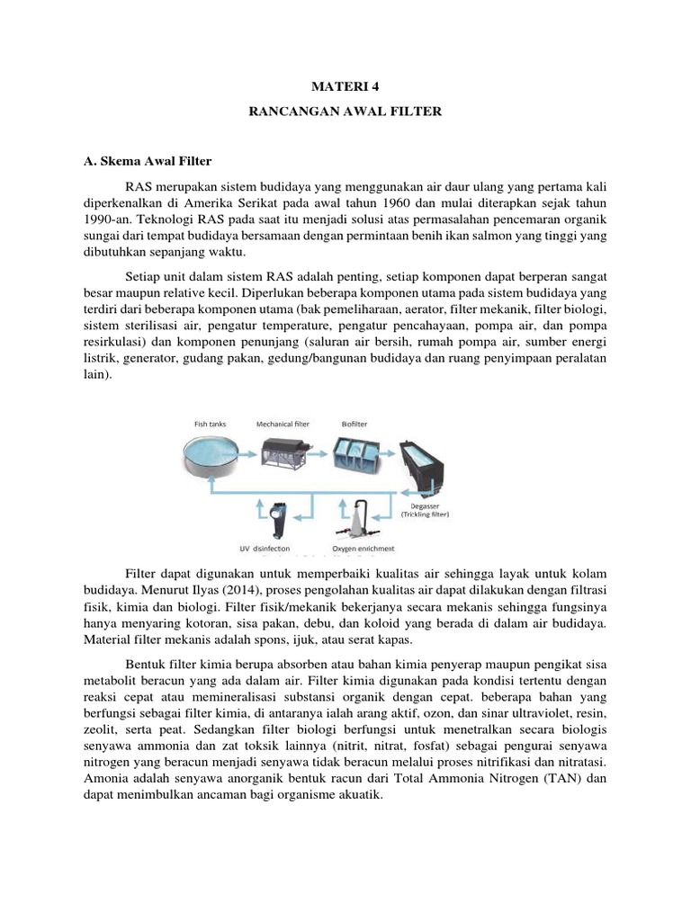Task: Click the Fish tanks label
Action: (212, 422)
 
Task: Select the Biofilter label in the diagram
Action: (354, 422)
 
